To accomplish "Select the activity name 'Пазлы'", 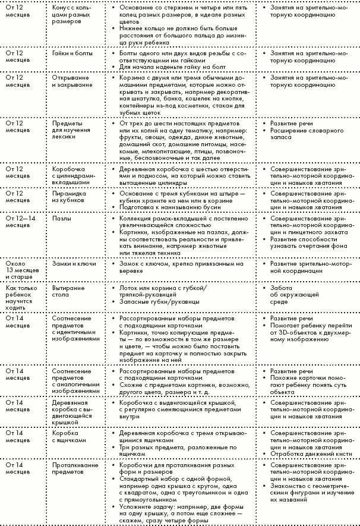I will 62,218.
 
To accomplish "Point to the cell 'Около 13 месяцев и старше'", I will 21,267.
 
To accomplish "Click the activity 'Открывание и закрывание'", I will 72,81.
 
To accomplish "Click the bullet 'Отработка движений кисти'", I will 307,455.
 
